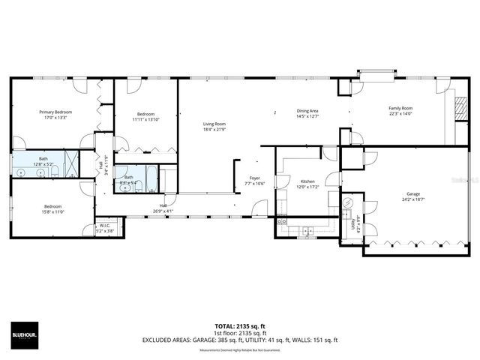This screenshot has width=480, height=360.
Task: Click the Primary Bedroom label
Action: click(56, 112)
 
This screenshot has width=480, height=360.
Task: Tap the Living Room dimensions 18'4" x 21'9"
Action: click(214, 130)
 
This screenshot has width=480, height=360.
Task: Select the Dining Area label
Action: click(307, 111)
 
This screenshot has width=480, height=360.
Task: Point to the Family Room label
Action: click(400, 108)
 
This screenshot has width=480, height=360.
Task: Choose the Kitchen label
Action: click(307, 181)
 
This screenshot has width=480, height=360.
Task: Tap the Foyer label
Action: click(254, 178)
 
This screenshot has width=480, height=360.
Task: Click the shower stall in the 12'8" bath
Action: click(70, 164)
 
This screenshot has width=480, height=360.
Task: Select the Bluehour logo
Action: click(23, 334)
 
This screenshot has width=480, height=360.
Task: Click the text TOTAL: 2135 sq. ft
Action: click(239, 326)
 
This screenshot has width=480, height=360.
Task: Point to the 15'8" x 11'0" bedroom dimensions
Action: click(52, 211)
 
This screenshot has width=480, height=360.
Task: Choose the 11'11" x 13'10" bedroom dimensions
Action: click(147, 119)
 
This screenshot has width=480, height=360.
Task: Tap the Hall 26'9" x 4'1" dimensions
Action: click(163, 211)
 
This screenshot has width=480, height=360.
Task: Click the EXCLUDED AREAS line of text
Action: click(240, 340)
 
